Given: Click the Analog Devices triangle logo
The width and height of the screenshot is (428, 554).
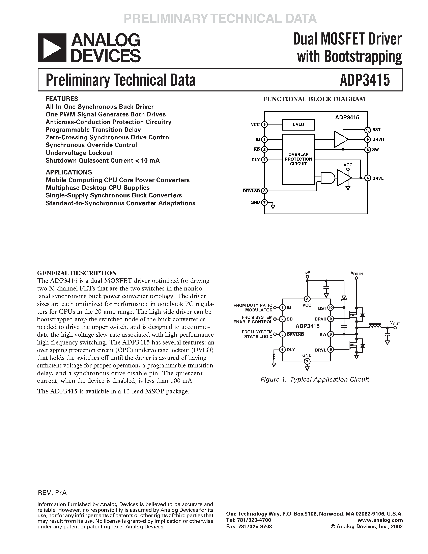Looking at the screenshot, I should pos(52,48).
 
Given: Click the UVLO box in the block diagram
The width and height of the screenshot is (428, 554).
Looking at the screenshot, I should pos(298,124).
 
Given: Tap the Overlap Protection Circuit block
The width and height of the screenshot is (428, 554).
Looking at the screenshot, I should pos(298,159).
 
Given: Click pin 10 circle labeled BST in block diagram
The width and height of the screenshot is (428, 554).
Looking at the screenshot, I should pos(368,130).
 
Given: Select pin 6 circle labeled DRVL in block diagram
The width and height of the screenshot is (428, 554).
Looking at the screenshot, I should pos(368,178).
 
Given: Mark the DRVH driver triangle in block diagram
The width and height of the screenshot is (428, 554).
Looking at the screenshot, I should pos(341,139).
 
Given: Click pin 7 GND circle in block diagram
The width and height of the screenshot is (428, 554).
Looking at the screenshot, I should pos(264,202).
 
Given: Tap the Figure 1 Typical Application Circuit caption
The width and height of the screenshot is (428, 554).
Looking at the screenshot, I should pos(315,380).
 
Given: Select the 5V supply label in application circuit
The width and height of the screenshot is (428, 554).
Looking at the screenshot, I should pos(307,272).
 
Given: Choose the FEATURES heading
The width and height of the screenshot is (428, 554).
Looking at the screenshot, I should pos(62,99).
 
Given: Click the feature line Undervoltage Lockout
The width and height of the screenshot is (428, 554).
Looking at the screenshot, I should pos(79,153).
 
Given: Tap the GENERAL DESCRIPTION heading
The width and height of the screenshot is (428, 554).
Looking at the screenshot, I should pos(77,273).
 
